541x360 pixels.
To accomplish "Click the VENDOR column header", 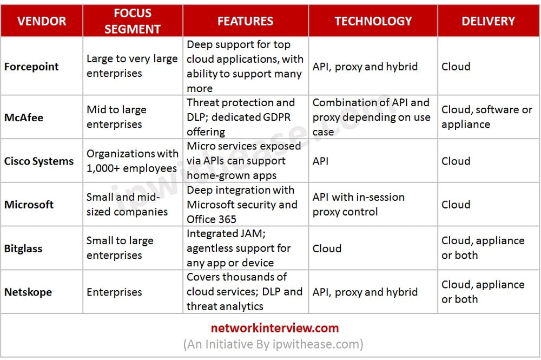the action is coord(42,21).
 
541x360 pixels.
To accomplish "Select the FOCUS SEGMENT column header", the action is coord(133,21).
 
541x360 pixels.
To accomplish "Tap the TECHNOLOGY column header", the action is coord(373,21).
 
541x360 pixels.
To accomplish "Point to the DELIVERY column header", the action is coord(488,21).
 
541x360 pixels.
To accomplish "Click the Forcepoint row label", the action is coord(31,66).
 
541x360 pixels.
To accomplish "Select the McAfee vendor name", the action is coord(24,117).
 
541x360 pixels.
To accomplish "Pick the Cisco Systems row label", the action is coord(39,161).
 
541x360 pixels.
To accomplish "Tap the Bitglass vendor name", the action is coord(23,248).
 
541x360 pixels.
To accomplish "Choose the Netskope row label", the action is coord(28,292).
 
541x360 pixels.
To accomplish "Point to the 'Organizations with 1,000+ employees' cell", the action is coord(132,161).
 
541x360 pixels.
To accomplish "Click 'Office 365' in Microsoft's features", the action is coord(212,219).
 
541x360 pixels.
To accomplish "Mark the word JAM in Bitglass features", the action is coord(253,234).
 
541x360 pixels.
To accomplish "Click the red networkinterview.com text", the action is coord(275,328).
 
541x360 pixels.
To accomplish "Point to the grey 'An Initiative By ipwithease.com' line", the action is coord(273,344).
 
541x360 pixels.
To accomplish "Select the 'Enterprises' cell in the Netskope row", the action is coord(114,292).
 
